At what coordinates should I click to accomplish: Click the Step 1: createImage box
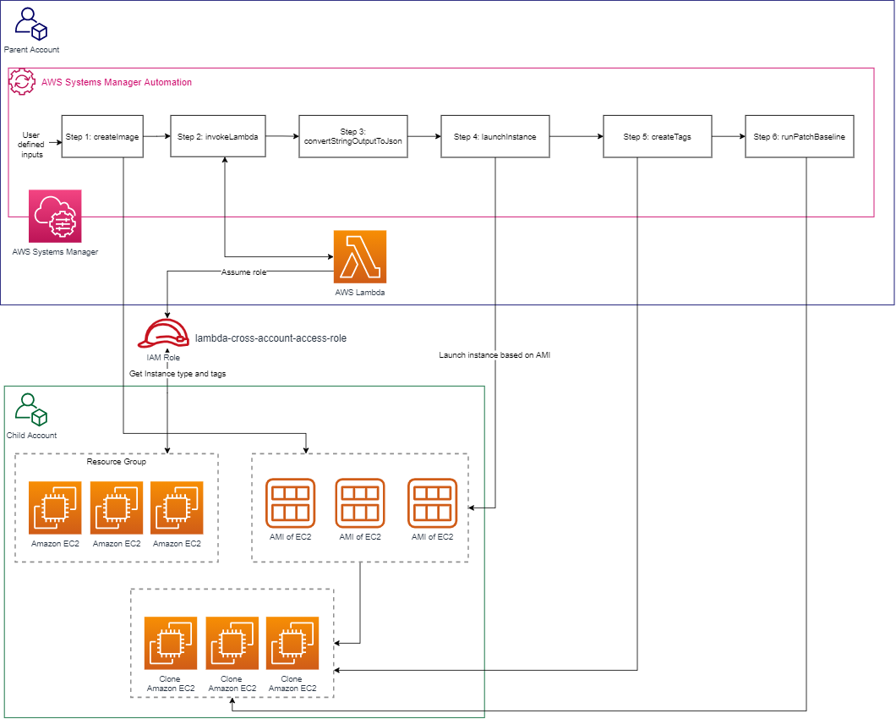102,135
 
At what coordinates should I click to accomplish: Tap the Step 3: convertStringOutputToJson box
352,135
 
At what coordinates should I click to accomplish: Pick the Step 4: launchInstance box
494,135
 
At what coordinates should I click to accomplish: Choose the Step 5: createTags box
657,135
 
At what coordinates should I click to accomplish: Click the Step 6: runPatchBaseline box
800,135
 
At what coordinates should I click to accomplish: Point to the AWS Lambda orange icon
360,256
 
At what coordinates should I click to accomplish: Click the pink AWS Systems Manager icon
55,217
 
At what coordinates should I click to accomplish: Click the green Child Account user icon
31,409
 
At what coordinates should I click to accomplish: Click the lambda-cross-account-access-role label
270,338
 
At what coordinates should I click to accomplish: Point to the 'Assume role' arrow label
244,272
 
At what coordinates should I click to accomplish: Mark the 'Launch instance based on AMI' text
494,354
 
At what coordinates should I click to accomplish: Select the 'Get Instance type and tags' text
178,373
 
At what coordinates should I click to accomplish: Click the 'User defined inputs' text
31,145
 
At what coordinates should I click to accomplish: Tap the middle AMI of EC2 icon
360,503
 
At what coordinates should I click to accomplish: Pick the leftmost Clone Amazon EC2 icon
171,643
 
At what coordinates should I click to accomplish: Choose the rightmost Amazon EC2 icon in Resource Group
177,508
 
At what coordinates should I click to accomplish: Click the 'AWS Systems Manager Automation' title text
117,82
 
